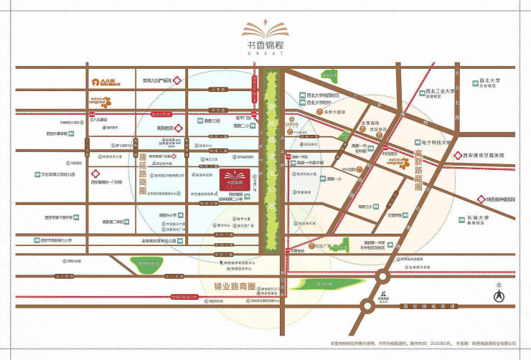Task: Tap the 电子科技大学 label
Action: coord(434,142)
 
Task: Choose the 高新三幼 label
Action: coord(212,121)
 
